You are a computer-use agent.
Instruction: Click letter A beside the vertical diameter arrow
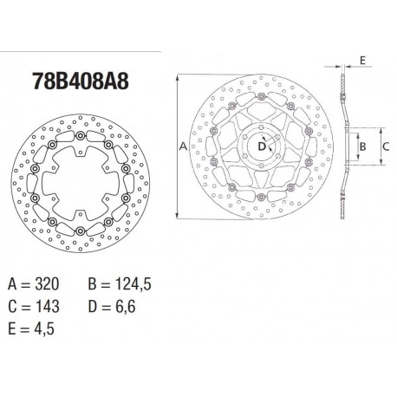pyautogui.click(x=183, y=148)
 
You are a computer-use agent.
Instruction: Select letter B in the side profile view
pyautogui.click(x=364, y=148)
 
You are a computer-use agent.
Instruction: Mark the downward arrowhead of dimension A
pyautogui.click(x=178, y=220)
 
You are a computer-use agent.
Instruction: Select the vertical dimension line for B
pyautogui.click(x=355, y=148)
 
